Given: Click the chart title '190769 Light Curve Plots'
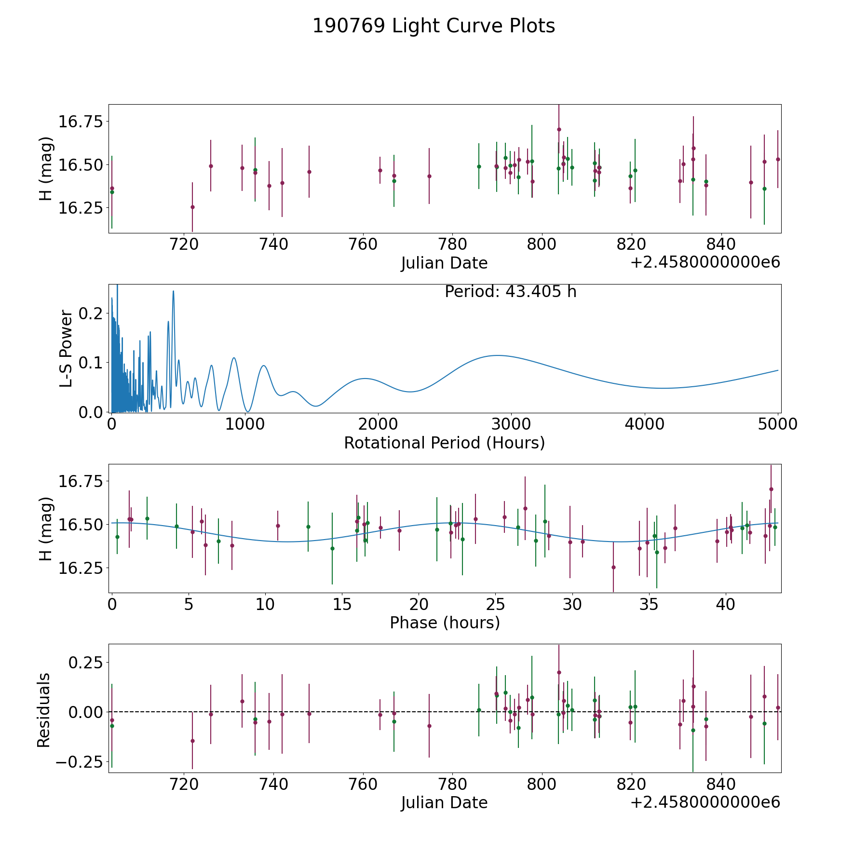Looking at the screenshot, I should pyautogui.click(x=434, y=26).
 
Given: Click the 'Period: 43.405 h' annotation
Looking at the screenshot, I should pyautogui.click(x=510, y=292).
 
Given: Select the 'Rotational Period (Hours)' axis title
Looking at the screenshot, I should pyautogui.click(x=444, y=443).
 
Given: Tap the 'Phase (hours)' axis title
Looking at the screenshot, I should pyautogui.click(x=445, y=623).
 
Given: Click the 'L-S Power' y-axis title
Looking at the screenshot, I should pyautogui.click(x=66, y=348).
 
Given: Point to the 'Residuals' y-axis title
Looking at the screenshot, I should pyautogui.click(x=44, y=710).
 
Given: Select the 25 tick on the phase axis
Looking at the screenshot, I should pyautogui.click(x=495, y=604).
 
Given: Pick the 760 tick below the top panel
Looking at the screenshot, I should pyautogui.click(x=363, y=244).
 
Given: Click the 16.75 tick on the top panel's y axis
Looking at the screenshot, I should pyautogui.click(x=81, y=122).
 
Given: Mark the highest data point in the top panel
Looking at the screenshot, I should pyautogui.click(x=559, y=129).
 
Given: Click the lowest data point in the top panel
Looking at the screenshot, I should pyautogui.click(x=192, y=207).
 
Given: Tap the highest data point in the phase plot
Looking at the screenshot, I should pyautogui.click(x=771, y=489).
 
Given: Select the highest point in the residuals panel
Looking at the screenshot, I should pyautogui.click(x=559, y=672).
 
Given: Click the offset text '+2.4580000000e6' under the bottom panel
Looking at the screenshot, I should pyautogui.click(x=705, y=802).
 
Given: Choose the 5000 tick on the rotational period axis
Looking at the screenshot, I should pyautogui.click(x=778, y=424).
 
